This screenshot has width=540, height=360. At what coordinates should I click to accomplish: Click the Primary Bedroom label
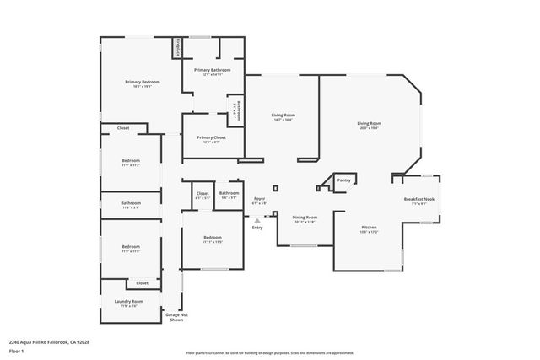pyautogui.click(x=142, y=82)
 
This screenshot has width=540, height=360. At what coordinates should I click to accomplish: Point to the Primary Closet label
pyautogui.click(x=211, y=137)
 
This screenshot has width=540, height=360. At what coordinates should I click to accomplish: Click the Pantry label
pyautogui.click(x=343, y=180)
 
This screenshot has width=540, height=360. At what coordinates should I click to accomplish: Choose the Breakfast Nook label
pyautogui.click(x=418, y=199)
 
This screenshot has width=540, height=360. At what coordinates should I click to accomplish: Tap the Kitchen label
pyautogui.click(x=370, y=227)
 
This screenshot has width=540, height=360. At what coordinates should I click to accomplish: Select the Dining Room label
pyautogui.click(x=305, y=217)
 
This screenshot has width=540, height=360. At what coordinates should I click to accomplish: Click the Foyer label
pyautogui.click(x=259, y=199)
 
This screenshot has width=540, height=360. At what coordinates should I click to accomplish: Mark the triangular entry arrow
pyautogui.click(x=257, y=221)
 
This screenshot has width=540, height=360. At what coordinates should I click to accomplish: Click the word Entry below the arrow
pyautogui.click(x=257, y=228)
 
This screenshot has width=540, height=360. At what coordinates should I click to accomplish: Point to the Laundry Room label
pyautogui.click(x=130, y=301)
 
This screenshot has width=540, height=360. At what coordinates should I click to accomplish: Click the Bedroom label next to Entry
pyautogui.click(x=212, y=238)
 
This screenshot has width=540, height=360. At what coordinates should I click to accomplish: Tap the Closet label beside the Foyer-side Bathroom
pyautogui.click(x=202, y=193)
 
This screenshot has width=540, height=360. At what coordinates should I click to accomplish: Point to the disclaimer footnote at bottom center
pyautogui.click(x=270, y=352)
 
